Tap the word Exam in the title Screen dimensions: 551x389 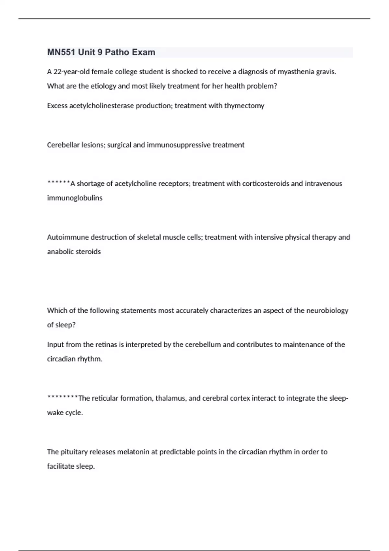(144, 52)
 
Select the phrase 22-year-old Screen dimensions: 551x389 (71, 72)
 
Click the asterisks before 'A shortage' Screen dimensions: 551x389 (58, 183)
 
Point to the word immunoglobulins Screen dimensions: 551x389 (75, 198)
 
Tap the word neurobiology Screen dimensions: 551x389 (327, 311)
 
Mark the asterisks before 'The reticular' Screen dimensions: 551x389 (62, 397)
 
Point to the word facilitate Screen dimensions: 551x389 (61, 466)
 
